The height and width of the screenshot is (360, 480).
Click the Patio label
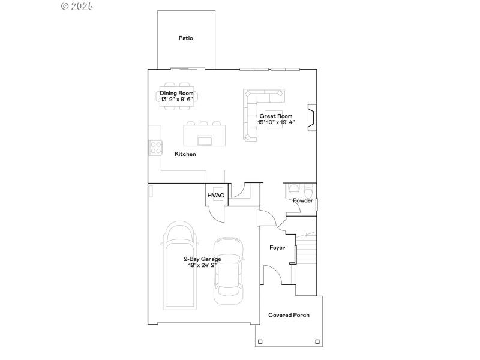[x=185, y=38]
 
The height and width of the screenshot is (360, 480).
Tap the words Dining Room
[x=176, y=93]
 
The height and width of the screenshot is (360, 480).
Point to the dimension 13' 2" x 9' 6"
[x=176, y=100]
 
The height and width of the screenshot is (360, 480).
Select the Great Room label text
[x=275, y=116]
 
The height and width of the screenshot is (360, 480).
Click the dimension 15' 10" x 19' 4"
[x=275, y=122]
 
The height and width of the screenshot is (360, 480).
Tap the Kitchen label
[x=185, y=154]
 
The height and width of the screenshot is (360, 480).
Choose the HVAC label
[x=215, y=196]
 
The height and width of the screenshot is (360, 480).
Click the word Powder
[x=303, y=200]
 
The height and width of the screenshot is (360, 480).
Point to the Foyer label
[x=277, y=247]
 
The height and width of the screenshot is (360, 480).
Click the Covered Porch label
[x=289, y=315]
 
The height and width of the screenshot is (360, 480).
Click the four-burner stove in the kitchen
[x=155, y=147]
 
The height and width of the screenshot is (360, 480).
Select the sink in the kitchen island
[x=204, y=140]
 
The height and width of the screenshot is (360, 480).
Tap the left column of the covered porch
[x=259, y=342]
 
